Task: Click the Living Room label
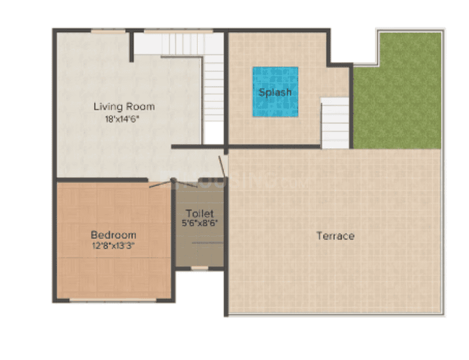[124, 107]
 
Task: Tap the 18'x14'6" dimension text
[124, 118]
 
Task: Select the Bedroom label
[113, 235]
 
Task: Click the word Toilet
[199, 213]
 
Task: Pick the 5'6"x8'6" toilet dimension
[199, 224]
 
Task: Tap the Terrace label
[335, 236]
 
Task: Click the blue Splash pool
[275, 91]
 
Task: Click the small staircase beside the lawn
[335, 123]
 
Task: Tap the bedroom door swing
[160, 184]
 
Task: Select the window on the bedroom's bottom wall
[113, 299]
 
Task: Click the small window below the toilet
[200, 268]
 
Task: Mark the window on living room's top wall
[108, 30]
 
